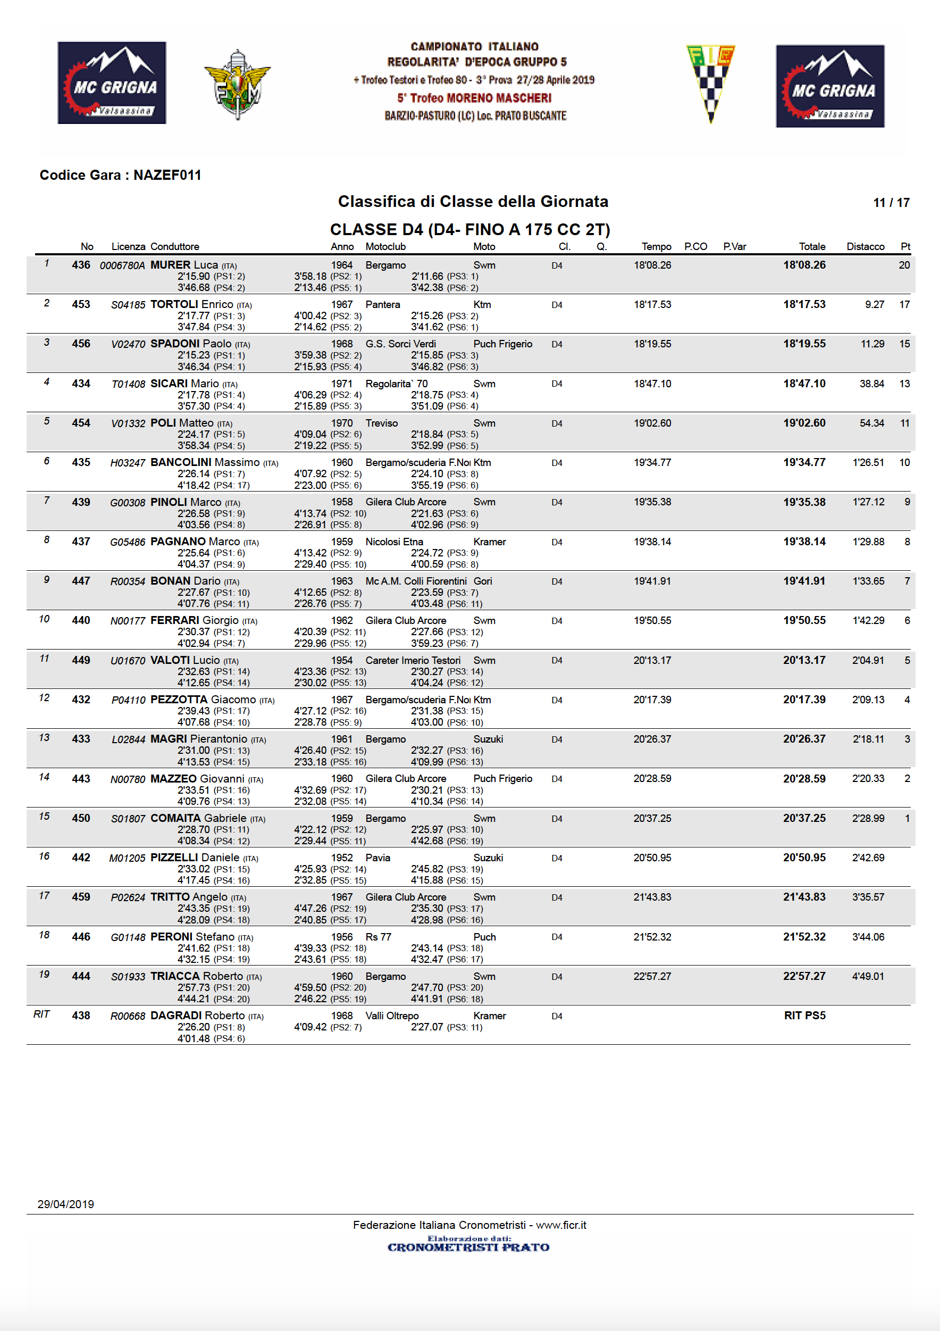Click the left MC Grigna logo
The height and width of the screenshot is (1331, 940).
[x=112, y=82]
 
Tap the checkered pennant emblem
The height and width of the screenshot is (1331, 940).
[x=710, y=82]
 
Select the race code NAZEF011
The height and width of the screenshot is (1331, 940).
[x=167, y=175]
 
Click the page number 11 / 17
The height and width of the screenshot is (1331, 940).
[x=891, y=202]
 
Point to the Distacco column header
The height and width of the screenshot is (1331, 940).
[x=865, y=246]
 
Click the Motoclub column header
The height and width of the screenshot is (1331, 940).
[x=385, y=246]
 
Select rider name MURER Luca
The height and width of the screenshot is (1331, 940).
[x=184, y=265]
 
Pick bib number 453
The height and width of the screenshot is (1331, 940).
[x=81, y=304]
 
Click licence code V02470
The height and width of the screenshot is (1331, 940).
[x=128, y=344]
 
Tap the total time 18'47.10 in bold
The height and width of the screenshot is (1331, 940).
[x=804, y=384]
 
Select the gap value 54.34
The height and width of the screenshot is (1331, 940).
[x=871, y=423]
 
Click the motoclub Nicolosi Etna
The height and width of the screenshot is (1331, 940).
[x=394, y=542]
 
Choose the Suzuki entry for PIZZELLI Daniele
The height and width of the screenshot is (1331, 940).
[x=488, y=858]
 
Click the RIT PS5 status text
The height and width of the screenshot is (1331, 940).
[x=804, y=1016]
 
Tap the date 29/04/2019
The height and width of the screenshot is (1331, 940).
[x=65, y=1204]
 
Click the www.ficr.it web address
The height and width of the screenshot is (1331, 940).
[x=560, y=1225]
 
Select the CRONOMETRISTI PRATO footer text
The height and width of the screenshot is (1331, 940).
[x=468, y=1247]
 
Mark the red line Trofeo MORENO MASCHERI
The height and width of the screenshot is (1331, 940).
[x=474, y=98]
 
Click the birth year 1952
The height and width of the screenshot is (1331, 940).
[x=342, y=858]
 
